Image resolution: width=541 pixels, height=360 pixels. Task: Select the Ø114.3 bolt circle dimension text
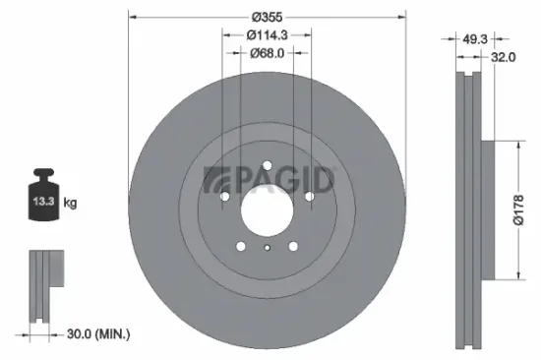[267, 34]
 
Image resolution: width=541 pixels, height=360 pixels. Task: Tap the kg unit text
[70, 203]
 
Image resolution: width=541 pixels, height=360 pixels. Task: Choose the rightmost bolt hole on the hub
[309, 197]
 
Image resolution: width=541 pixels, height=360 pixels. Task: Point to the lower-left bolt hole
[240, 246]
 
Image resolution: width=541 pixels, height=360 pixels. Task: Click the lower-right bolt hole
[293, 246]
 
